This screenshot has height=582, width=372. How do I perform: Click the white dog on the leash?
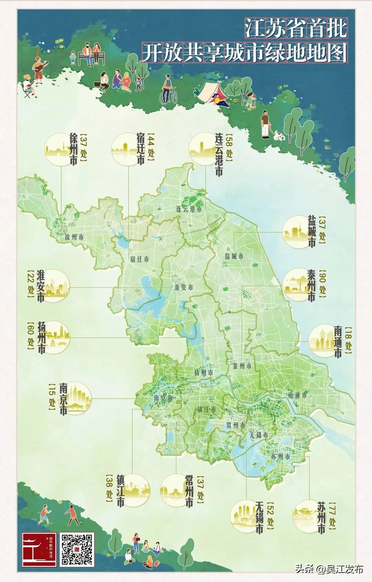(279, 136)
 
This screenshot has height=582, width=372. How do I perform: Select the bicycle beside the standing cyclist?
(168, 95)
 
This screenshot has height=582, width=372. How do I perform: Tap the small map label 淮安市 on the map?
(184, 288)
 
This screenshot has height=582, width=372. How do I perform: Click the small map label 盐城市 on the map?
(234, 256)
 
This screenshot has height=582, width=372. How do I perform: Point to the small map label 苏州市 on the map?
(281, 457)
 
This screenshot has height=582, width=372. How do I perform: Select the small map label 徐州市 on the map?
(74, 237)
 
